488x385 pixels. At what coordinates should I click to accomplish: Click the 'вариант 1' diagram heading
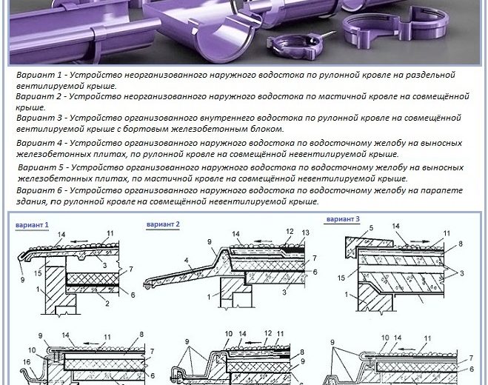(32, 225)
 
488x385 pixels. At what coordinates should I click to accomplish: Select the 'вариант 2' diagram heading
(163, 224)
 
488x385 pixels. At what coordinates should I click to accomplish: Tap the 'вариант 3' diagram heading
(343, 219)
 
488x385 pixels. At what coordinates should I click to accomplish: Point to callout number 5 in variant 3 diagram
(371, 227)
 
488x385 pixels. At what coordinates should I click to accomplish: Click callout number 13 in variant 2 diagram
(306, 232)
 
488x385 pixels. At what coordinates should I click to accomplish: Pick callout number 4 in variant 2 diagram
(187, 260)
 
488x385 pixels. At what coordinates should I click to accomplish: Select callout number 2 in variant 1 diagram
(107, 303)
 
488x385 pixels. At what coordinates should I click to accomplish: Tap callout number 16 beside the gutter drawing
(27, 361)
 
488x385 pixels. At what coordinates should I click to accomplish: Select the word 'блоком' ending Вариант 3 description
(267, 129)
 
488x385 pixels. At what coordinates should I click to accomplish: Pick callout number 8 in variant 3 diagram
(461, 244)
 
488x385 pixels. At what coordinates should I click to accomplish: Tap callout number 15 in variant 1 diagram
(38, 273)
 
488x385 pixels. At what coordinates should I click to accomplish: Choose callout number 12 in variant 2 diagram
(290, 231)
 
